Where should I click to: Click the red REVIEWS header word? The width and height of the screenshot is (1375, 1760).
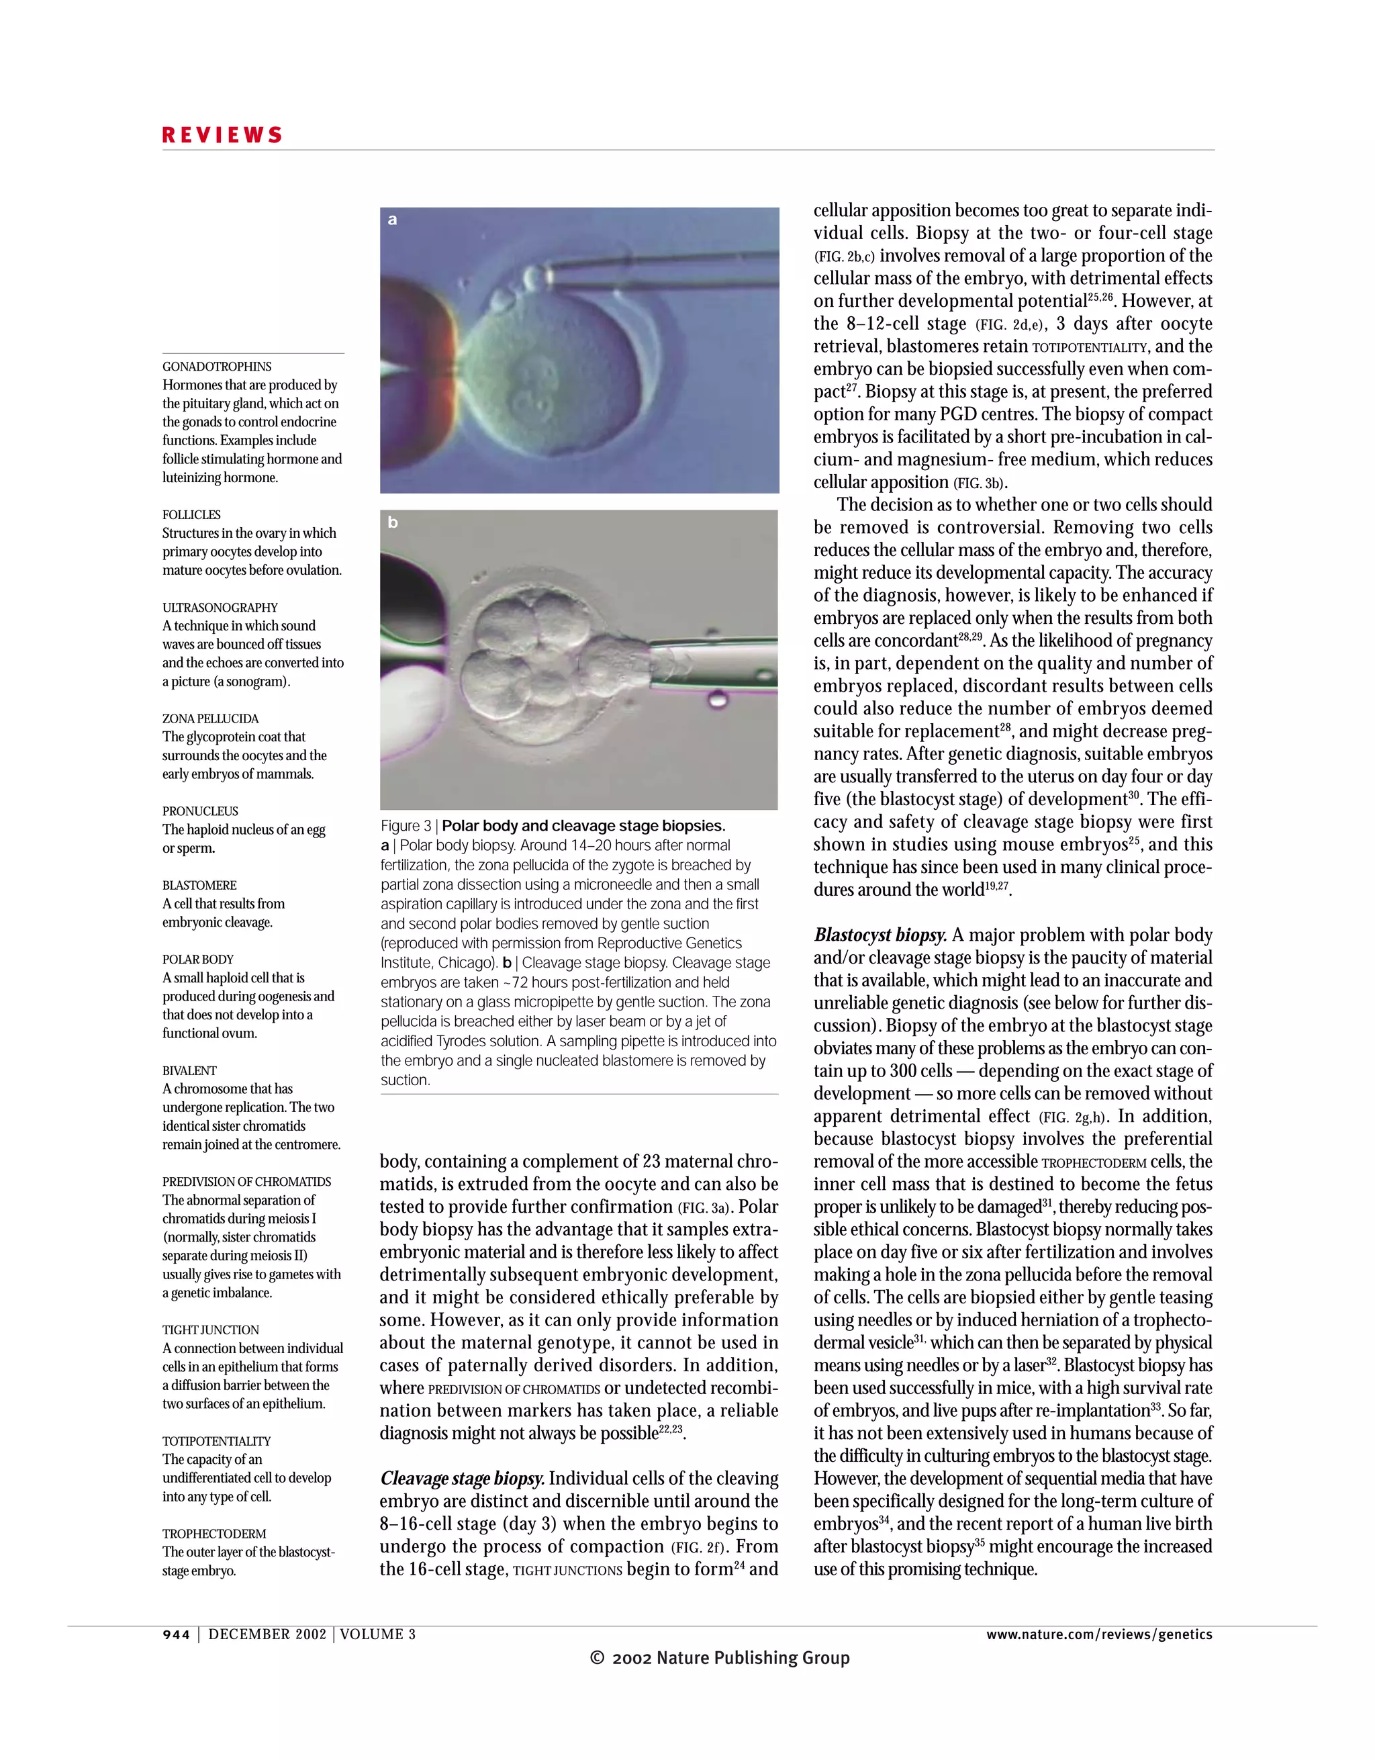pos(222,136)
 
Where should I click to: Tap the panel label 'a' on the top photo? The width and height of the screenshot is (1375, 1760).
pos(392,219)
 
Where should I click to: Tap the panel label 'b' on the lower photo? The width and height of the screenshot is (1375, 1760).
pos(392,522)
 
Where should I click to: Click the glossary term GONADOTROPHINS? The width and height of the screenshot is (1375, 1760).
pos(217,367)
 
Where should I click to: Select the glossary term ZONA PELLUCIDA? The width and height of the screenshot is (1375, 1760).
pos(210,719)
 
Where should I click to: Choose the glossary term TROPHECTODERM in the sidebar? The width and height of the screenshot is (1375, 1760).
pos(214,1534)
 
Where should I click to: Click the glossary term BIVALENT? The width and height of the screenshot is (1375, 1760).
pos(189,1071)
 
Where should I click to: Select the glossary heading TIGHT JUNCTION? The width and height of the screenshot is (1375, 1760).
pos(210,1330)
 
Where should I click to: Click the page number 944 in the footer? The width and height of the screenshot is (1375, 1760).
pos(177,1634)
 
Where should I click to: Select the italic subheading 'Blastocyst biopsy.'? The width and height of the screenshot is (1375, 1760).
pos(880,935)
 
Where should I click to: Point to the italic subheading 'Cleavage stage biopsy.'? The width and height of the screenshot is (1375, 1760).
pos(463,1479)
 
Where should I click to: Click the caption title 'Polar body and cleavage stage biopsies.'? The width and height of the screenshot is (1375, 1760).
pos(583,826)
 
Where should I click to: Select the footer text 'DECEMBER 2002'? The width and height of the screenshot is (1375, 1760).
pos(267,1634)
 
